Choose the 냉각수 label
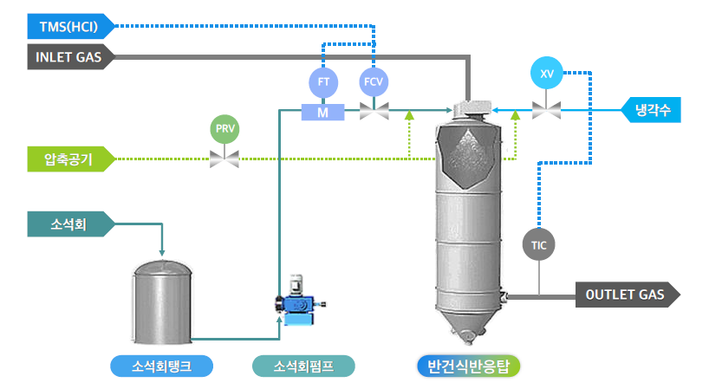pyautogui.click(x=652, y=110)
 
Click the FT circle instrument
pyautogui.click(x=322, y=82)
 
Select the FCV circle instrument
pyautogui.click(x=374, y=82)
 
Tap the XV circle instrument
pyautogui.click(x=546, y=73)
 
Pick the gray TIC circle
pyautogui.click(x=539, y=245)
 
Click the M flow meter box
pyautogui.click(x=322, y=112)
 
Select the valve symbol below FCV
pyautogui.click(x=374, y=110)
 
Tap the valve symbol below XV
pyautogui.click(x=546, y=110)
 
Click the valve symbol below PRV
pyautogui.click(x=224, y=159)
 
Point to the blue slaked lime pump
pyautogui.click(x=296, y=305)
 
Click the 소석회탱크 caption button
pyautogui.click(x=162, y=366)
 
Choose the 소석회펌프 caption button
pyautogui.click(x=303, y=366)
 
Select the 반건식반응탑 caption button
pyautogui.click(x=468, y=366)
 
